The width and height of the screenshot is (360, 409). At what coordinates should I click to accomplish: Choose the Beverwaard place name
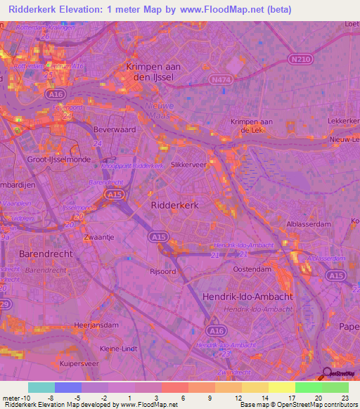pyautogui.click(x=115, y=131)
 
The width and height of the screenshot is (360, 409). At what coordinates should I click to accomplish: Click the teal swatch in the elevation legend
pyautogui.click(x=41, y=387)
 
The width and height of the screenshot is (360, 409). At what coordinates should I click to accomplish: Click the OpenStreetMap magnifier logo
pyautogui.click(x=328, y=374)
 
